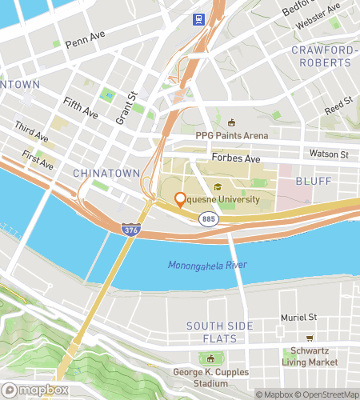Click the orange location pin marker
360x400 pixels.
tap(181, 200)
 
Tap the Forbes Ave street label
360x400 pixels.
tap(237, 158)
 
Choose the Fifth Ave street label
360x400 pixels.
tap(80, 109)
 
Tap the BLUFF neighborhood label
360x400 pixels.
tap(313, 182)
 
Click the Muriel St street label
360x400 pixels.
tap(299, 318)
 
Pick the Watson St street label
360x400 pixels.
tap(329, 154)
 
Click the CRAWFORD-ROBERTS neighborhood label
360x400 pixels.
tap(322, 56)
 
